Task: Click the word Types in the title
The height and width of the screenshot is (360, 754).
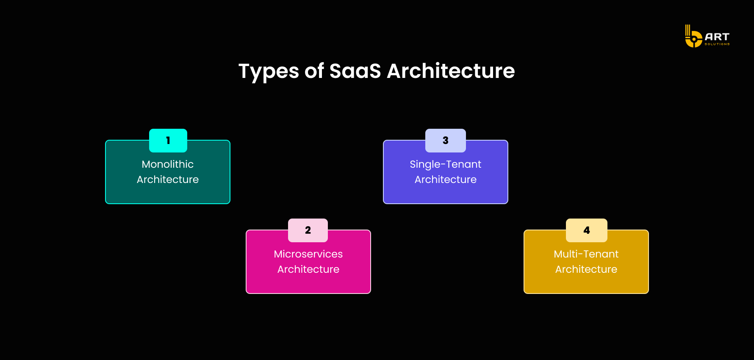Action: pos(269,71)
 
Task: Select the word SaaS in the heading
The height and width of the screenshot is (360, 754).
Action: pos(355,71)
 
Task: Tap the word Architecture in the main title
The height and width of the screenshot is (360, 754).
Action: pos(451,71)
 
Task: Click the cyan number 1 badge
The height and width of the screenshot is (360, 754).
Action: pos(168,141)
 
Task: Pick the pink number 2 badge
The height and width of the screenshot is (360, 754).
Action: pos(308,230)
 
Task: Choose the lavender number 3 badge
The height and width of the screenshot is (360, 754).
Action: pos(446,141)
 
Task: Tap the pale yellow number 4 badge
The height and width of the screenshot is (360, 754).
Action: pos(587,230)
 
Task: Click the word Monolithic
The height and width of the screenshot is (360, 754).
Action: pos(168,164)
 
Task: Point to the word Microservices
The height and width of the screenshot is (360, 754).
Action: pos(308,254)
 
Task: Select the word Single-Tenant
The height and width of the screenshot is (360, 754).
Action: pos(446,164)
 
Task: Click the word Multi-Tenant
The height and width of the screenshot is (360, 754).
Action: pos(586,254)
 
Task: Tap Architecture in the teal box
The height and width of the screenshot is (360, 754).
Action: pos(168,180)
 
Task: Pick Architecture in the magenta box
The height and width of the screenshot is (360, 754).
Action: pos(308,269)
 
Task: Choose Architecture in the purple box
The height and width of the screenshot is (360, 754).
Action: pos(446,180)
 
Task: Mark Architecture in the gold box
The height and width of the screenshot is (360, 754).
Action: pos(586,269)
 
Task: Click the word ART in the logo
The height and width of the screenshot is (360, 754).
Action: pos(717,37)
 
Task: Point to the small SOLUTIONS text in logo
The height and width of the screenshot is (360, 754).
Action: pos(717,44)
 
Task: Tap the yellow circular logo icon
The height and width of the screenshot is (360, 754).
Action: pos(693,40)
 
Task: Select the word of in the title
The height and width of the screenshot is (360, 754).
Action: pos(314,71)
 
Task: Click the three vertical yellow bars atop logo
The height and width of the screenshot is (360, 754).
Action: pos(687,30)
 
